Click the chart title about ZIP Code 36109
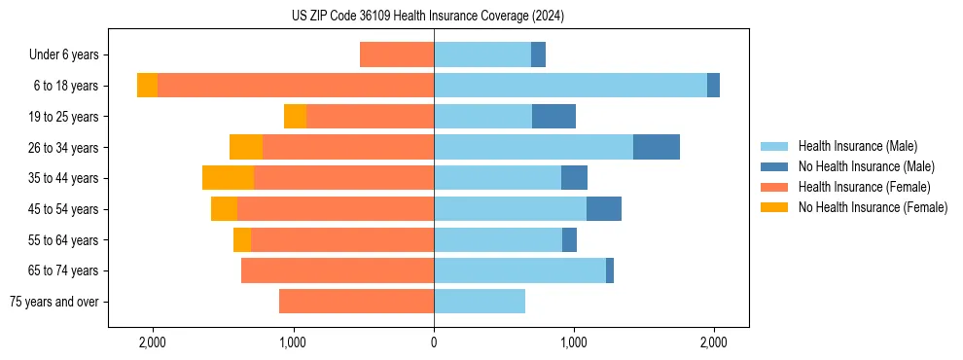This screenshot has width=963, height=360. tap(427, 16)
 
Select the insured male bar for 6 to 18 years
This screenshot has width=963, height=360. tap(570, 86)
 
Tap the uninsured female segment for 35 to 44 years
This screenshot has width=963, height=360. tap(228, 178)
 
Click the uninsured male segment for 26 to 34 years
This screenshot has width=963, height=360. tap(657, 147)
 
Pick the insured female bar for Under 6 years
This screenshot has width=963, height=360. tap(397, 54)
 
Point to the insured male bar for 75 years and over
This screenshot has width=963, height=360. tap(480, 302)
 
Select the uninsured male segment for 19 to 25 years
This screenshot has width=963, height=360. tap(553, 117)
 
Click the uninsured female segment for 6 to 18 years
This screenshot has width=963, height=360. tap(147, 86)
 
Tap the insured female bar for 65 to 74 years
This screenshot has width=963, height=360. tap(338, 270)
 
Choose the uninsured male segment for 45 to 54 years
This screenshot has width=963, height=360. tap(604, 209)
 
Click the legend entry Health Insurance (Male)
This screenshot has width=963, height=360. tap(857, 146)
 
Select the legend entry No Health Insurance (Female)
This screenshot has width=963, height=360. tap(873, 207)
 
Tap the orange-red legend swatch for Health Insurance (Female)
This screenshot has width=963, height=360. tap(774, 187)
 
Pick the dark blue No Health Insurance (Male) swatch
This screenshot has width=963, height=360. tap(774, 166)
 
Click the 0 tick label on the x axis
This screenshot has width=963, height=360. tap(434, 342)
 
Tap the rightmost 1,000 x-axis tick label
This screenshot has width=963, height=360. tap(574, 342)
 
